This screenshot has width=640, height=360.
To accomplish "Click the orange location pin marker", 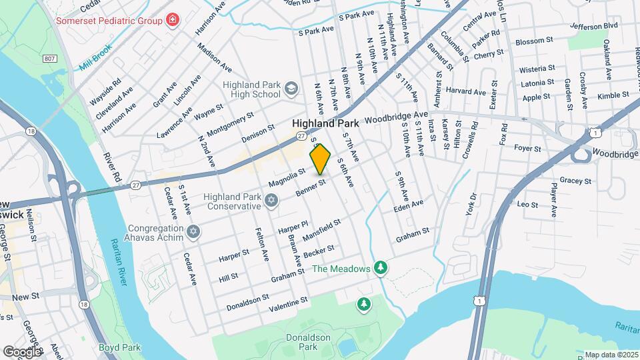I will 320,159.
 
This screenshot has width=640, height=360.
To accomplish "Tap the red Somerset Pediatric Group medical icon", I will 173,20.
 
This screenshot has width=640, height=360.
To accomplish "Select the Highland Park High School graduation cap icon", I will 291,88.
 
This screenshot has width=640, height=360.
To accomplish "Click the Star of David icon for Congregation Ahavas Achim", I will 193,231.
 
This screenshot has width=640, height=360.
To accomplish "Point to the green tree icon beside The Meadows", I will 381,268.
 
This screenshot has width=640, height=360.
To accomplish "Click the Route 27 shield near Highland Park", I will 302,135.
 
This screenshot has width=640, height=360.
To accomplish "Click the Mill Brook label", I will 94,60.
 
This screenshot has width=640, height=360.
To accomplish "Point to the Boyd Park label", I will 119,347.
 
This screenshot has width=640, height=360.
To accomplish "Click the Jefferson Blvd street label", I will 594,26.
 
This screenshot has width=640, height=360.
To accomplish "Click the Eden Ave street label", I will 409,205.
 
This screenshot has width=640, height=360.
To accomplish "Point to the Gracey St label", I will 576,181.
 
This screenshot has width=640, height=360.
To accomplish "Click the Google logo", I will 21,351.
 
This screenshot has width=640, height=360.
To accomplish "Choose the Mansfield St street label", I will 322,229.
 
